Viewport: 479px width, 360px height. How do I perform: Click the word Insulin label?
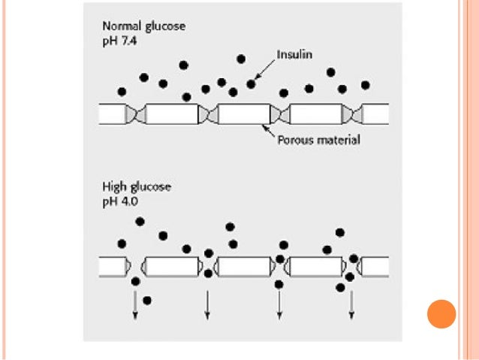(295, 54)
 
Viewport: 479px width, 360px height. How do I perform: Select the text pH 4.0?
(119, 201)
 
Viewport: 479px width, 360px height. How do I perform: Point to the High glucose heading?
(136, 187)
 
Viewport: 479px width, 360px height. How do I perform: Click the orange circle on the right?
(441, 313)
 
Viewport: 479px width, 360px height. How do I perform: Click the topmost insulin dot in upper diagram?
(241, 59)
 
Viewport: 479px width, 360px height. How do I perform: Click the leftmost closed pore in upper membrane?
(135, 114)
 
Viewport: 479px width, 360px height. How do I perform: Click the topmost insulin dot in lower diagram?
(140, 221)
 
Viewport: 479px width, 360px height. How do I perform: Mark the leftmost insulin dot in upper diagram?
(122, 92)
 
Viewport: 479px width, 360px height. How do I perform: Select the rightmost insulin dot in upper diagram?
(366, 85)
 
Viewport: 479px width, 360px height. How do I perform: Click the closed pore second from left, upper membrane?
(207, 114)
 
